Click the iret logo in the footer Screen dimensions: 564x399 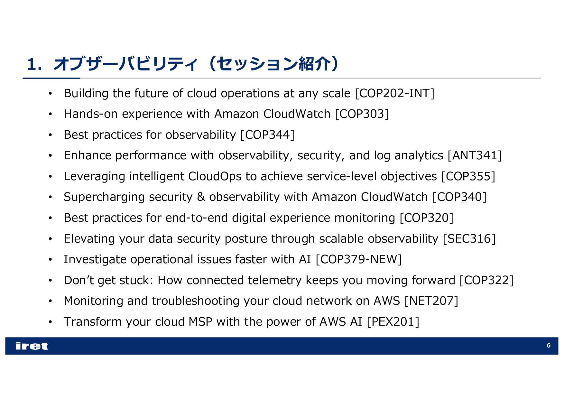tap(32, 346)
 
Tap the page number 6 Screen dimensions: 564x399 tap(548, 346)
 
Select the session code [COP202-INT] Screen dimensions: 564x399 tap(394, 93)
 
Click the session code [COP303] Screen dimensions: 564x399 tap(362, 114)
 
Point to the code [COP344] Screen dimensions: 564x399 tap(267, 135)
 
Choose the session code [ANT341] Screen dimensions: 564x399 tap(475, 155)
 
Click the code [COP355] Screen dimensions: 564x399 tap(468, 176)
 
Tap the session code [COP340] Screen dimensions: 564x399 tap(459, 197)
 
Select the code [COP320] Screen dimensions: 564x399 tap(426, 218)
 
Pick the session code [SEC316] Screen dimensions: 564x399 tap(469, 239)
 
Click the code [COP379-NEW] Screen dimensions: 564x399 tap(359, 259)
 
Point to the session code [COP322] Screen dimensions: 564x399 tap(486, 280)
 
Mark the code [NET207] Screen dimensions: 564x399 tap(431, 301)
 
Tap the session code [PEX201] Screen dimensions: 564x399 tap(393, 322)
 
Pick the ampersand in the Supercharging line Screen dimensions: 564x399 tap(201, 197)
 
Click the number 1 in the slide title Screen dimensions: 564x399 tap(31, 64)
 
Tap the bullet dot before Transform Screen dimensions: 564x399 tap(50, 322)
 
